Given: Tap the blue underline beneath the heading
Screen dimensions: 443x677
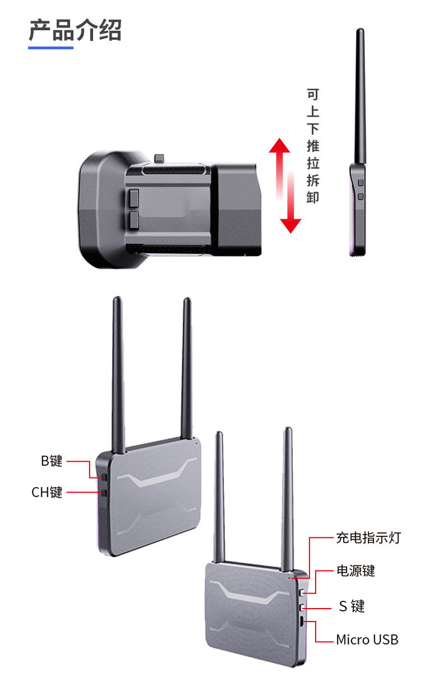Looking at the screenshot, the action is coord(50,48).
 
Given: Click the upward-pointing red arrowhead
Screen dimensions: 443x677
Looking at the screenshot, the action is coord(279,145).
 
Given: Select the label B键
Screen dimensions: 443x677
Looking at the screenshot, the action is coord(52,461).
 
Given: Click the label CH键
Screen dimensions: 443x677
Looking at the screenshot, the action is coord(47,493).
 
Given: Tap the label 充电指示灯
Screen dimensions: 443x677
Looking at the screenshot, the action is coord(368,538).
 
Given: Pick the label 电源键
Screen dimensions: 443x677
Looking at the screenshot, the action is coord(356,571).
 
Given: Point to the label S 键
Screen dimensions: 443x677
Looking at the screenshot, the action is coord(352,606).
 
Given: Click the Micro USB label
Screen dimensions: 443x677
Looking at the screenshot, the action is coord(367,639).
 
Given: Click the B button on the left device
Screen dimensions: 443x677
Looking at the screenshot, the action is coord(104,477).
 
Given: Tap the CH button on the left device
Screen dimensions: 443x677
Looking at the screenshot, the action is coord(104,493).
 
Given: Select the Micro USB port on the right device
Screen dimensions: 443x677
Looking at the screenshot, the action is coord(302,622).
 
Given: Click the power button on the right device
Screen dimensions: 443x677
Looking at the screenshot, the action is coord(302,592).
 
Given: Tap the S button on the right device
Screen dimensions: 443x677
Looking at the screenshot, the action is coord(302,607).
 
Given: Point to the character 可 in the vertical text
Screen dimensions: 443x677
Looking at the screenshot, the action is coord(313,95).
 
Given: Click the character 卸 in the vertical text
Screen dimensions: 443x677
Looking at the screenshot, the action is coord(313,197).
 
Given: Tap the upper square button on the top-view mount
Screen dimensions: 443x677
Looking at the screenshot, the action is coord(134,197).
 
